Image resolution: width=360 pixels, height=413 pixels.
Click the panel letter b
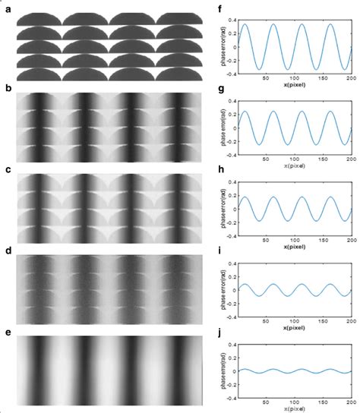(8, 90)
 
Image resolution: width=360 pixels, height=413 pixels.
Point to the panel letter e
(8, 333)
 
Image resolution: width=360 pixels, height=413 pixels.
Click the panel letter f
(219, 11)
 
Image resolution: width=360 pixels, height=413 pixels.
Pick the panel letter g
(219, 90)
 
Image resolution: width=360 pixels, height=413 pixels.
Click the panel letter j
(219, 333)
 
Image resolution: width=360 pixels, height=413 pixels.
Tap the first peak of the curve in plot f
(247, 24)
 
